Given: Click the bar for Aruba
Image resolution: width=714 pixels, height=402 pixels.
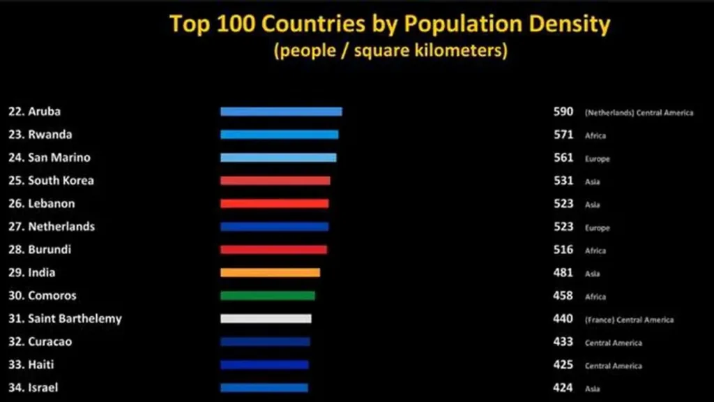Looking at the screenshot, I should point(281,112).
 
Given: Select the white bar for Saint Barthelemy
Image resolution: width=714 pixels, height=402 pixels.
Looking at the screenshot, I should point(266,319).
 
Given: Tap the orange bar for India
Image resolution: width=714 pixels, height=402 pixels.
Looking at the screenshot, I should point(270,273).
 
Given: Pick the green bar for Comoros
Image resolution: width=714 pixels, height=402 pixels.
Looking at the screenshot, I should point(267,296).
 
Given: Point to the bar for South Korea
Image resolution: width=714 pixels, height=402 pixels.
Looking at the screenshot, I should point(275,181).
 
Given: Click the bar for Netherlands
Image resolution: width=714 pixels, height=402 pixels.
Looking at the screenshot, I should point(274,227).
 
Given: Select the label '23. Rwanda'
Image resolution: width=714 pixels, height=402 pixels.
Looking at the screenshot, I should point(40,135).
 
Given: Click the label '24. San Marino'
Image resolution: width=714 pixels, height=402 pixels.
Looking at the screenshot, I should point(50,158).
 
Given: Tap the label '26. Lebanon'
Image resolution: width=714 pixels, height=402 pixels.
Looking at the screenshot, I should point(42,204).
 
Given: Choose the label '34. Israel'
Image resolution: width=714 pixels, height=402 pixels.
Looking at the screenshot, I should point(34,387).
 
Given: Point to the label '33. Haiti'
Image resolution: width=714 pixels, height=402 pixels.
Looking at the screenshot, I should point(31,364).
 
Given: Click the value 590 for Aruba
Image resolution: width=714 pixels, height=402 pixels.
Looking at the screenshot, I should point(563,112).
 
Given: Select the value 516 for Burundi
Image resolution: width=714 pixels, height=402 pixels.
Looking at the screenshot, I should point(563,249).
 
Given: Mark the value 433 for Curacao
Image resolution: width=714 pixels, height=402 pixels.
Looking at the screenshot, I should point(563,341).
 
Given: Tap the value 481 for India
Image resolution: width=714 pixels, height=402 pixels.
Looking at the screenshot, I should point(563,272).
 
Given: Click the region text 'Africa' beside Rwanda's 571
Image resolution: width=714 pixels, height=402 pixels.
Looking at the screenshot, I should point(595,136).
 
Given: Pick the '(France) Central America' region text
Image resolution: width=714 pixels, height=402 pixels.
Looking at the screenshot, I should point(629,320).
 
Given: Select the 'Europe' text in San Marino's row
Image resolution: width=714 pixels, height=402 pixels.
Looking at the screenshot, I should point(598,159).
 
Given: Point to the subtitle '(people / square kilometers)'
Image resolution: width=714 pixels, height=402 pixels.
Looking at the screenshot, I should point(390,51).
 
